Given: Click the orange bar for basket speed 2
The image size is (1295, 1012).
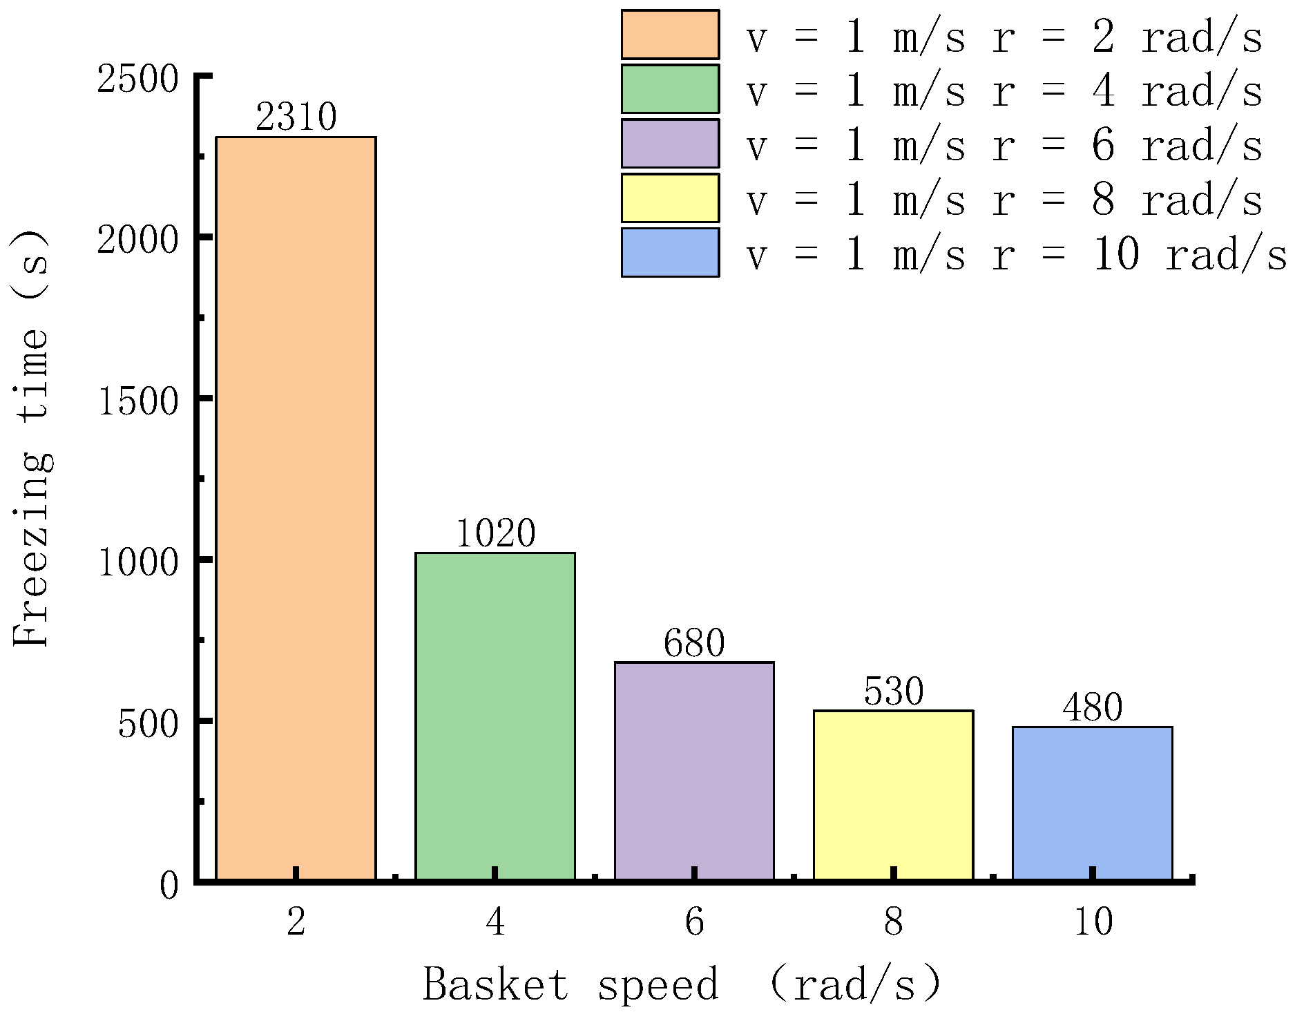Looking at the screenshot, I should pyautogui.click(x=296, y=508).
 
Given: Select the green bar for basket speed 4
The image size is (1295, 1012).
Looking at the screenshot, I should pyautogui.click(x=495, y=716).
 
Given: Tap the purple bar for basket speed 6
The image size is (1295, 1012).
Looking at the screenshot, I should pyautogui.click(x=694, y=770).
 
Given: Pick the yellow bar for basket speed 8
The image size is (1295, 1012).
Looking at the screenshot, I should pyautogui.click(x=893, y=794).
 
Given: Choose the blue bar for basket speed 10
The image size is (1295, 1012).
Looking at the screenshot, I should pyautogui.click(x=1092, y=803).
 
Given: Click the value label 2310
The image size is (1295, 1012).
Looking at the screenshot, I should pyautogui.click(x=296, y=117).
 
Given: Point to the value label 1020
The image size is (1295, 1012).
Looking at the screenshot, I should pyautogui.click(x=495, y=533).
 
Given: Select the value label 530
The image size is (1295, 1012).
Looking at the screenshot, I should pyautogui.click(x=893, y=691).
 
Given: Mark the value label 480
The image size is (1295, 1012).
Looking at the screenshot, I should pyautogui.click(x=1092, y=707).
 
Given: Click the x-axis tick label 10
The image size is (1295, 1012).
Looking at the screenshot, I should pyautogui.click(x=1093, y=922).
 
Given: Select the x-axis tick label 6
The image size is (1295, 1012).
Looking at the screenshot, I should pyautogui.click(x=694, y=922).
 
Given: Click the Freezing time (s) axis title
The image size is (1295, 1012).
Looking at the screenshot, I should pyautogui.click(x=32, y=438).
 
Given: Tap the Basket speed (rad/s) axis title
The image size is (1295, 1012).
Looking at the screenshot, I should pyautogui.click(x=682, y=984).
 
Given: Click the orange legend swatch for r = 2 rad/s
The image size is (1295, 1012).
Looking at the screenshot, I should pyautogui.click(x=669, y=35).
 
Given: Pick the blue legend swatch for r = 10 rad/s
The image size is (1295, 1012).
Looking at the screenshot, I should pyautogui.click(x=669, y=253).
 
